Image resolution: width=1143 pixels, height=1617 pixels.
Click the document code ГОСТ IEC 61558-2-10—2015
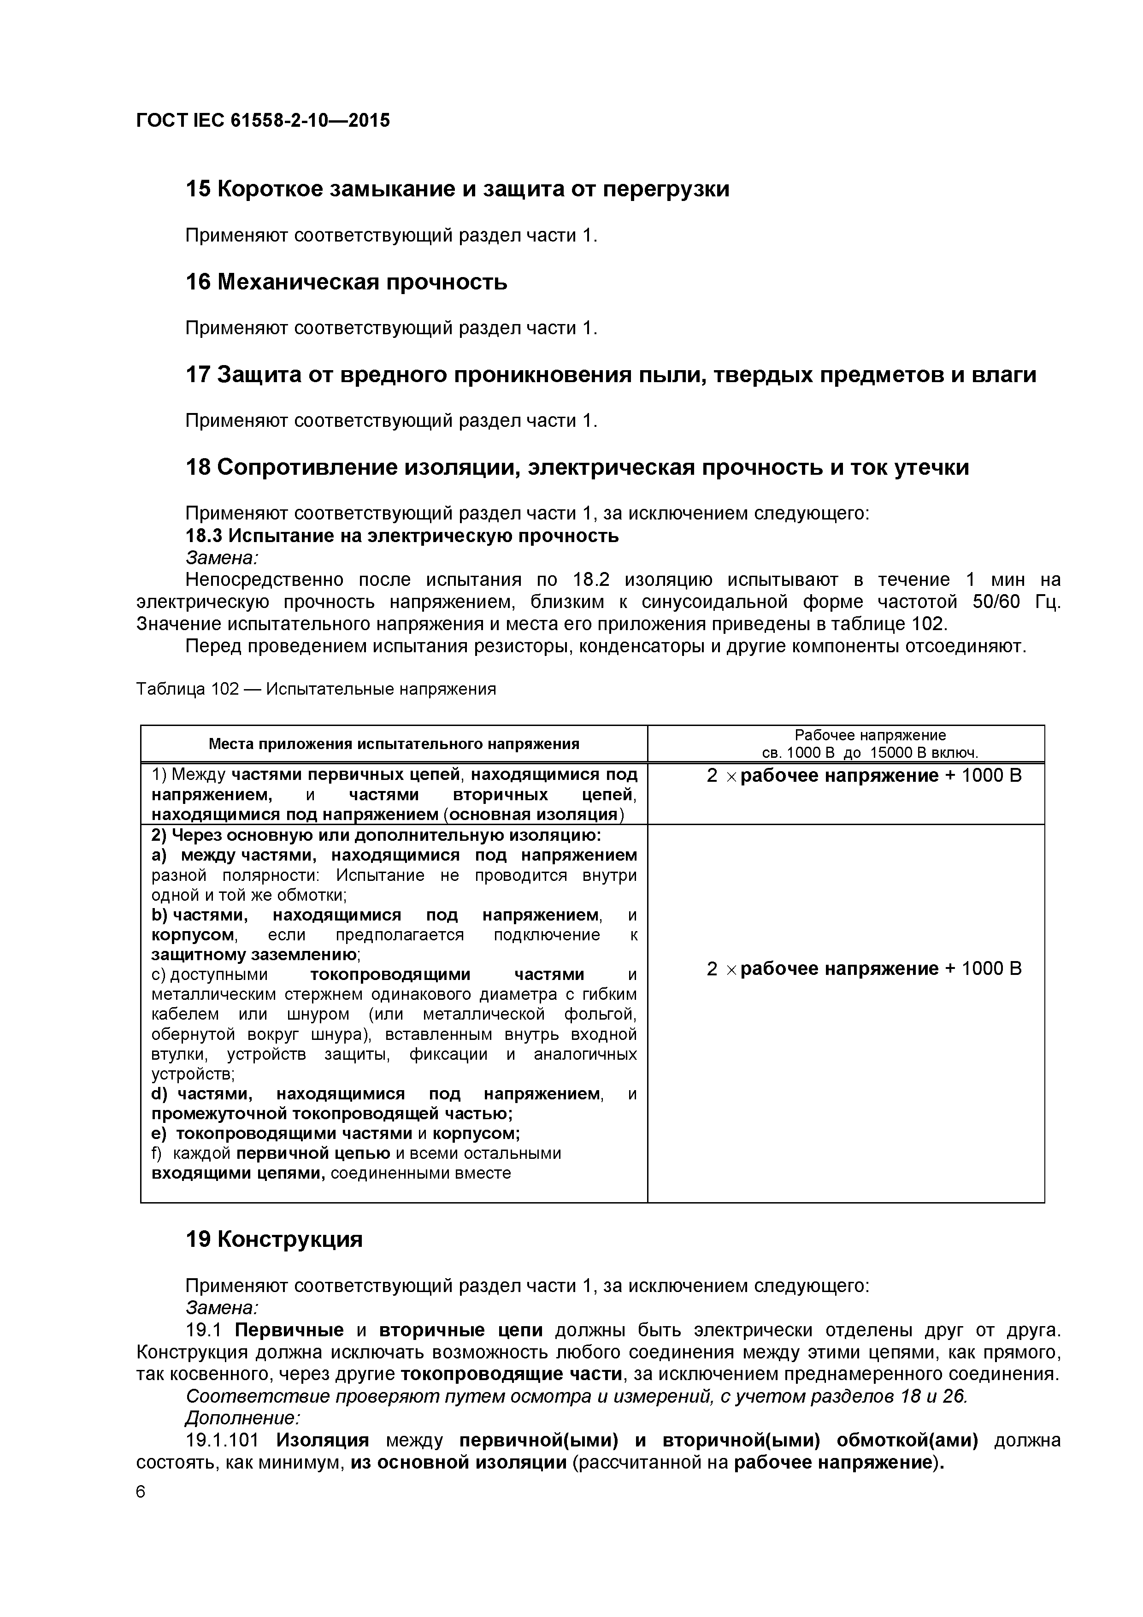tap(263, 120)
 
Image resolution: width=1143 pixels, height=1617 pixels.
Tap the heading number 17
tap(197, 375)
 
